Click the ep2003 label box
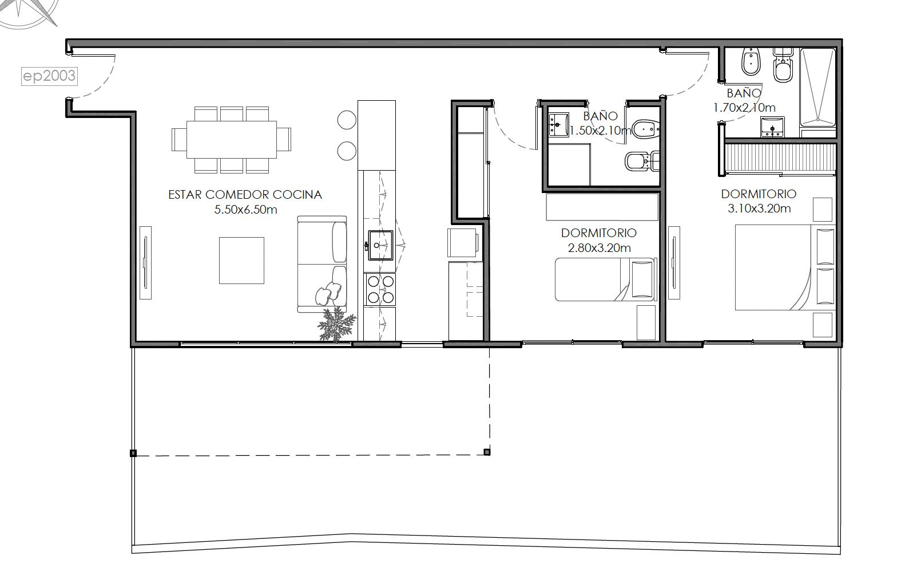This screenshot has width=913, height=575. coord(49,76)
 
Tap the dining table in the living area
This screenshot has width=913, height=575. coord(232,139)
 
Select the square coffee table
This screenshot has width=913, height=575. coord(242,261)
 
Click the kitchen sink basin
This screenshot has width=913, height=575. coord(380,245)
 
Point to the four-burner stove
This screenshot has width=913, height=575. coord(380,289)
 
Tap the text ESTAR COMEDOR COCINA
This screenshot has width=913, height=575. coord(245,195)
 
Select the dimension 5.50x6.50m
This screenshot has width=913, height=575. coord(246,210)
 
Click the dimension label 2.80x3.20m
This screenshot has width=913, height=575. coord(599,248)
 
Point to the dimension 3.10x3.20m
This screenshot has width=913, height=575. coord(759,208)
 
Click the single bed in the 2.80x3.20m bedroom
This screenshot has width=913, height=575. coord(606,279)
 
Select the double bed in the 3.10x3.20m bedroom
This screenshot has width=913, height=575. coord(785,267)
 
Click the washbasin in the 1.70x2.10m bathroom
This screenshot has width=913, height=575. coord(772,127)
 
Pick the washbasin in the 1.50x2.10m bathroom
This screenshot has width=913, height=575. coord(558,124)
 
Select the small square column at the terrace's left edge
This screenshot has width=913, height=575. coord(133,453)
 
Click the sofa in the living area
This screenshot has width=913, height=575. coord(322,265)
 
